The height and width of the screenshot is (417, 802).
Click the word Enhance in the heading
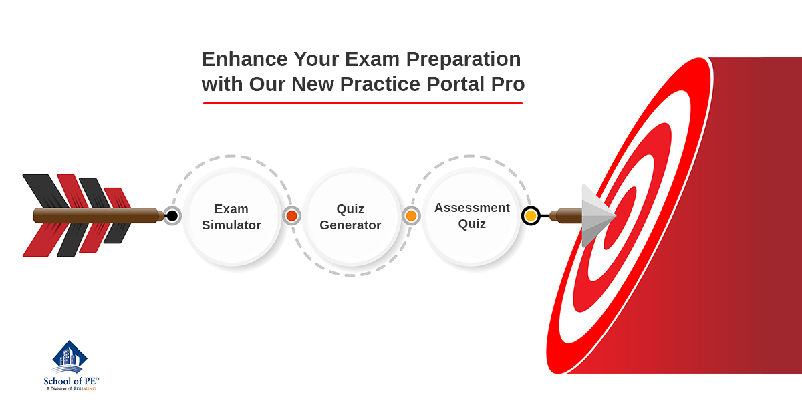tap(245, 59)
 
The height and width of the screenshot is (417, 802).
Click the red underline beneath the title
tap(363, 103)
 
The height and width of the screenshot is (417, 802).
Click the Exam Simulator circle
tap(232, 217)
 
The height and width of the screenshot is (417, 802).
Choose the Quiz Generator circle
tap(351, 217)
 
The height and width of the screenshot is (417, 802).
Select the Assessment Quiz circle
tap(471, 217)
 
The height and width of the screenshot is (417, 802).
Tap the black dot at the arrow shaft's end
tap(172, 216)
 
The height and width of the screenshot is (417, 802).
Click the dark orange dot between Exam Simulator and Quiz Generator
tap(291, 216)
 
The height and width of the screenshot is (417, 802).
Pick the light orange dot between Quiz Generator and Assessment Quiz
tap(411, 216)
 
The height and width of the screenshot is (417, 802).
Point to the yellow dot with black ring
tap(531, 216)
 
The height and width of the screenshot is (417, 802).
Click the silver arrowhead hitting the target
tap(598, 216)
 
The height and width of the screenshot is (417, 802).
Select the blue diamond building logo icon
tap(70, 357)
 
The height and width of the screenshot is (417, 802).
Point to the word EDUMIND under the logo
tap(86, 389)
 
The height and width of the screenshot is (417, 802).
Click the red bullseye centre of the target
tap(620, 219)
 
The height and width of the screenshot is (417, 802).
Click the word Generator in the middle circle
tap(350, 225)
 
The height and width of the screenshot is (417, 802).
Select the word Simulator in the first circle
tap(231, 225)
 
